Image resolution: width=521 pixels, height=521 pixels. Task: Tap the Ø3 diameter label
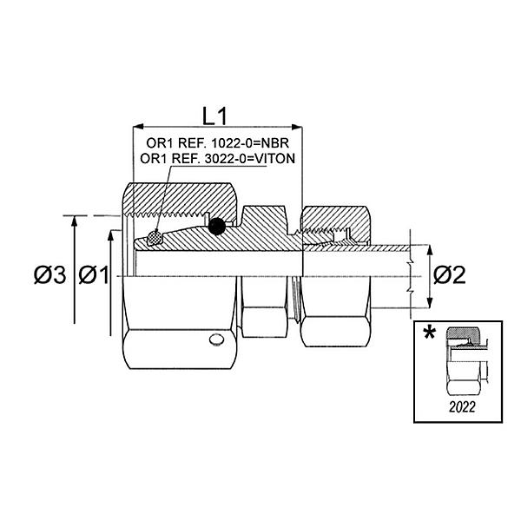click(50, 276)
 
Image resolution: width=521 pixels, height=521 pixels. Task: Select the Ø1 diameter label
click(94, 276)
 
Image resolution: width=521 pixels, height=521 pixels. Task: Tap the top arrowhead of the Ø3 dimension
click(76, 221)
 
